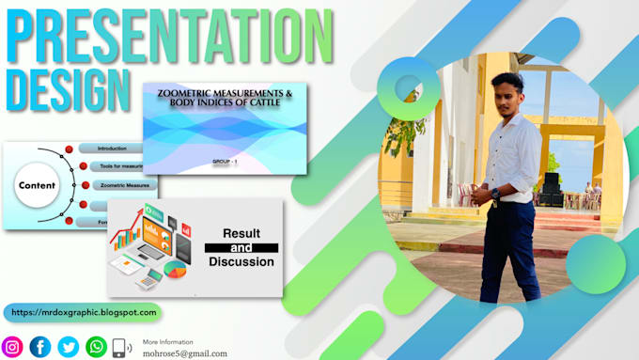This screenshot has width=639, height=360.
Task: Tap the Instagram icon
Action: pos(12,347)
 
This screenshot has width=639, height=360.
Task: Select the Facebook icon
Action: pos(40,347)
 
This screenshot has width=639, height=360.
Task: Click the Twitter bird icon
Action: pos(69,347)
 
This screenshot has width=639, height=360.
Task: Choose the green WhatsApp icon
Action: pos(96,347)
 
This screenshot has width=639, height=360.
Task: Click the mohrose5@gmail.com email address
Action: pos(185,353)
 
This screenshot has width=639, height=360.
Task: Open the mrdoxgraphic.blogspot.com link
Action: pos(83,312)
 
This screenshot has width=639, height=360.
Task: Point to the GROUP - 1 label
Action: pos(226,162)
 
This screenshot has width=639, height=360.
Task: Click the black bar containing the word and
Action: pos(242,247)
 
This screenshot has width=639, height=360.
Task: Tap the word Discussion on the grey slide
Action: pos(242,261)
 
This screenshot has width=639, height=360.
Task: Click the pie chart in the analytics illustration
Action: pos(175,270)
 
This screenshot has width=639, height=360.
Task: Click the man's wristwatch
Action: pos(495,194)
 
